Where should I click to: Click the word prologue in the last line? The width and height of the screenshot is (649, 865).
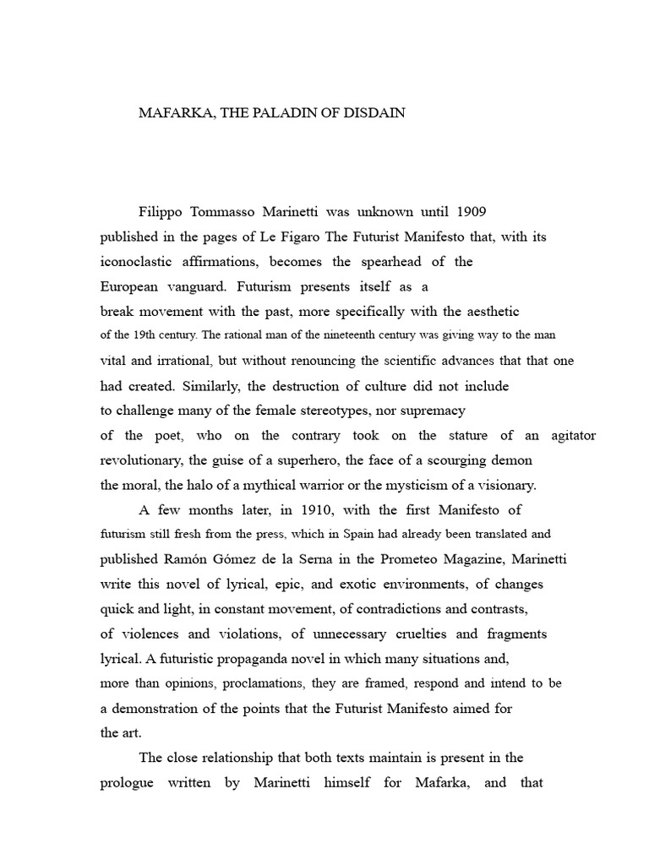(127, 782)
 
